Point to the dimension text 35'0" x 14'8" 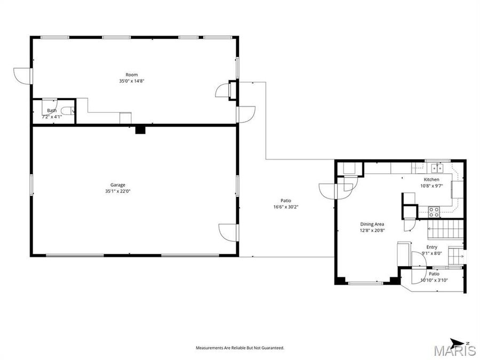point(132,81)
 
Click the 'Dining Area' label point(372,224)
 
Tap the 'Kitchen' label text point(431,180)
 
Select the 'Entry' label point(431,247)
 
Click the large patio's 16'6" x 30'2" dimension point(286,206)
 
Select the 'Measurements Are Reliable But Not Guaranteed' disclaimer point(239,348)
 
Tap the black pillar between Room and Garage point(140,129)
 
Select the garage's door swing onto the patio point(228,231)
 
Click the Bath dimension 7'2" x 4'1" point(52,116)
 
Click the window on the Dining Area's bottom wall point(365,283)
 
